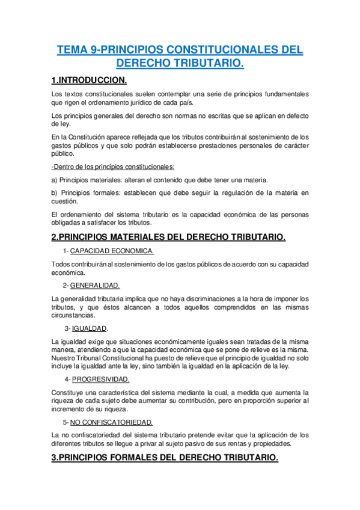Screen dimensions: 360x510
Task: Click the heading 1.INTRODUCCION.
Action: point(88,80)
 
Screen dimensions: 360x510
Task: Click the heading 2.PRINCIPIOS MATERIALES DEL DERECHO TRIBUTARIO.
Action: point(168,237)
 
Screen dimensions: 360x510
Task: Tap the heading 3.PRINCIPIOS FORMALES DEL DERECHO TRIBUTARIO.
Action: point(165,458)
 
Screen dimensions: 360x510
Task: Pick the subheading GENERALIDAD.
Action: point(95,285)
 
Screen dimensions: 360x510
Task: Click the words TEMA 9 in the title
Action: point(79,51)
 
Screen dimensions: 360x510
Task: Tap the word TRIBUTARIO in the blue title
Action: point(204,64)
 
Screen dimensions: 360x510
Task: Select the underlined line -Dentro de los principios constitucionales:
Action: point(114,167)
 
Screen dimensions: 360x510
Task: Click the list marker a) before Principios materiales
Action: point(55,180)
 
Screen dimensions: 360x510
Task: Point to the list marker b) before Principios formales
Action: point(55,192)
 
